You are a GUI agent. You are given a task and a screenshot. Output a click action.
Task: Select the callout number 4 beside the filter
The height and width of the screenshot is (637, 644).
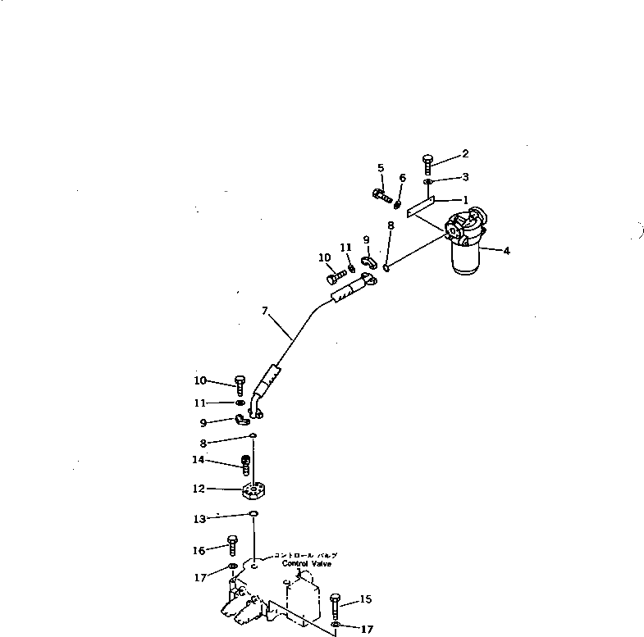coord(506,251)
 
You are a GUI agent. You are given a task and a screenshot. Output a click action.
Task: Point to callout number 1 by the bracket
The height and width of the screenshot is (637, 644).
coord(465,200)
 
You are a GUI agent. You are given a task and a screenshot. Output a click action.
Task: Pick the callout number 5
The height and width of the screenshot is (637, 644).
coord(381,168)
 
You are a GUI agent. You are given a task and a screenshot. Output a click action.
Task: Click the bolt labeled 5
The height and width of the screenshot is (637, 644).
coord(382,196)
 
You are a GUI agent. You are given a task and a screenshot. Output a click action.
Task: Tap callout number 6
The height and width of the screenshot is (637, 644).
coord(402,178)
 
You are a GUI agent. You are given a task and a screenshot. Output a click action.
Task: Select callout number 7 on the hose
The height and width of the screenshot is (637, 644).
coord(265,311)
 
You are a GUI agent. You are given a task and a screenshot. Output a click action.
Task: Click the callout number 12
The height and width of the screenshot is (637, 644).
coord(198,489)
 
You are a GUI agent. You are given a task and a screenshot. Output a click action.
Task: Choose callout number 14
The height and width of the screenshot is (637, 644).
coord(198,460)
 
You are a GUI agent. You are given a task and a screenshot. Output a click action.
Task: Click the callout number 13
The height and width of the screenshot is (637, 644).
coord(199,519)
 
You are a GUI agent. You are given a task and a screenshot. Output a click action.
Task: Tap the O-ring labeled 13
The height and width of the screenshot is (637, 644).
coord(253,515)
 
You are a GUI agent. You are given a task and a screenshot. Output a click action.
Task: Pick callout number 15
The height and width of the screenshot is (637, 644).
coord(367,599)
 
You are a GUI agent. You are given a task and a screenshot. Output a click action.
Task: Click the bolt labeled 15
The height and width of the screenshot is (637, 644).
coord(337,607)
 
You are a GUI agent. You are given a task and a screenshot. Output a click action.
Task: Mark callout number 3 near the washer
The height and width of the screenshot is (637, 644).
coord(465,176)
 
